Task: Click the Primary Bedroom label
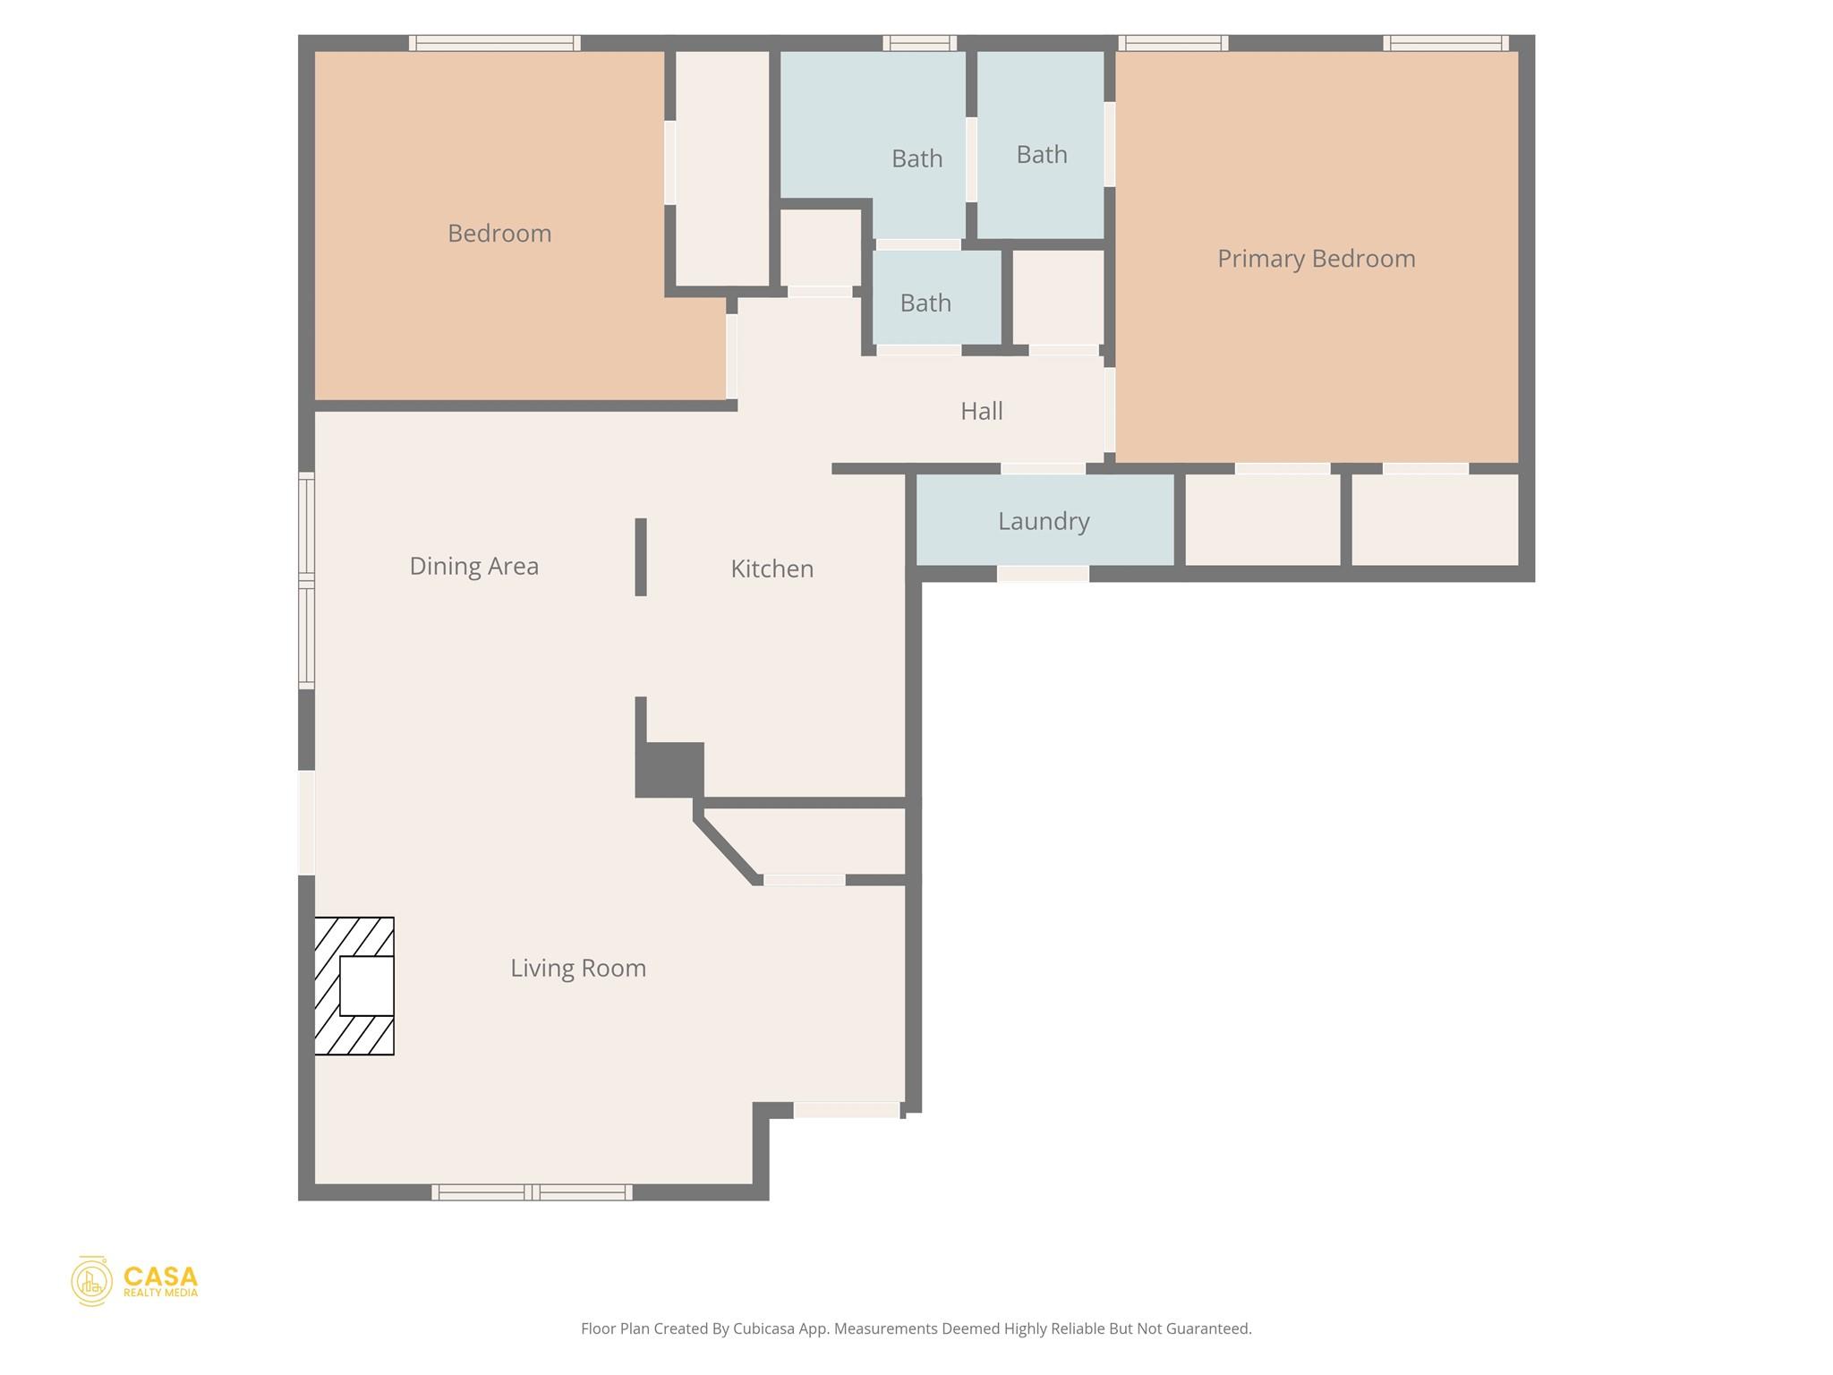[x=1316, y=259]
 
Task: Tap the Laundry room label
[x=1044, y=521]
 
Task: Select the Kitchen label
[x=772, y=568]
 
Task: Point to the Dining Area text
[x=473, y=566]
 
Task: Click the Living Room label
[x=578, y=968]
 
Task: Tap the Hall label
[x=981, y=411]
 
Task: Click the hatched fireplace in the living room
[x=354, y=986]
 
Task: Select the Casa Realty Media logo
[x=134, y=1281]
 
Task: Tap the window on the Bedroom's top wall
[x=495, y=43]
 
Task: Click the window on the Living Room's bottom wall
[x=532, y=1191]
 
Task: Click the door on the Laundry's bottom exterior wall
[x=1043, y=574]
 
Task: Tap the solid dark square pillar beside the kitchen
[x=669, y=769]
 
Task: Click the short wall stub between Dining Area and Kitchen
[x=641, y=556]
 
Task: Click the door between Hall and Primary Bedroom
[x=1110, y=409]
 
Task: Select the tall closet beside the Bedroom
[x=721, y=168]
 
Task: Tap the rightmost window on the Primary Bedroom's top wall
[x=1445, y=43]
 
